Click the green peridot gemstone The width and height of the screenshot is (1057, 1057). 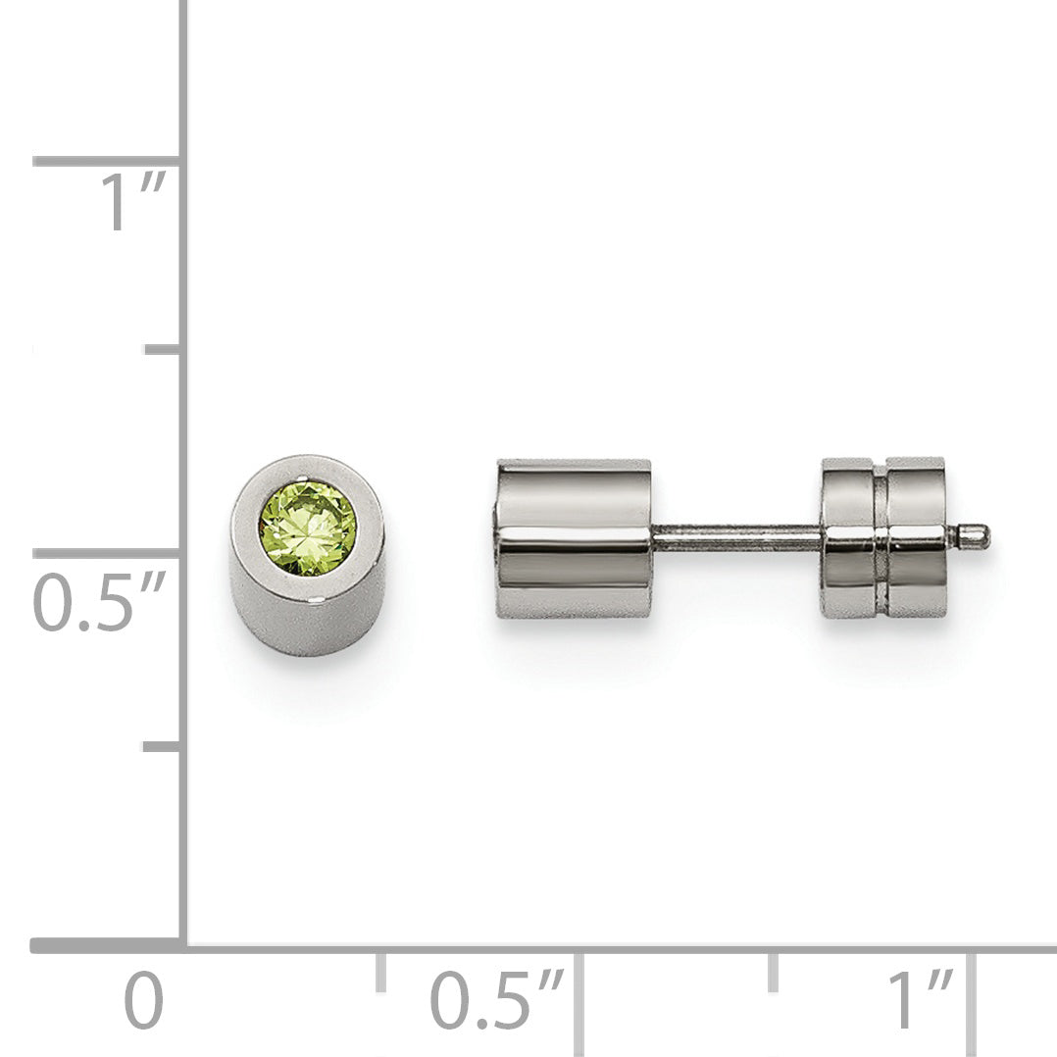tap(308, 528)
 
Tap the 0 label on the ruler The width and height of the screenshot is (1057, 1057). tap(143, 1000)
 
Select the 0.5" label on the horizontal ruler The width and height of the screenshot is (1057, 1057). tap(497, 999)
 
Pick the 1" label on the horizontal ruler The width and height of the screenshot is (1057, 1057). tap(921, 999)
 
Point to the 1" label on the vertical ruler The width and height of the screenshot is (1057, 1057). tap(132, 201)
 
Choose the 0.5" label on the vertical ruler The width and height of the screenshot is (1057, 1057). tap(100, 601)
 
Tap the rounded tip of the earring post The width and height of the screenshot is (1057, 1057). tap(976, 536)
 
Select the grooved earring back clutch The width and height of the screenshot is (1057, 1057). tap(883, 538)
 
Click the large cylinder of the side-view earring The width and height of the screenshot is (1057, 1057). tap(574, 538)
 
